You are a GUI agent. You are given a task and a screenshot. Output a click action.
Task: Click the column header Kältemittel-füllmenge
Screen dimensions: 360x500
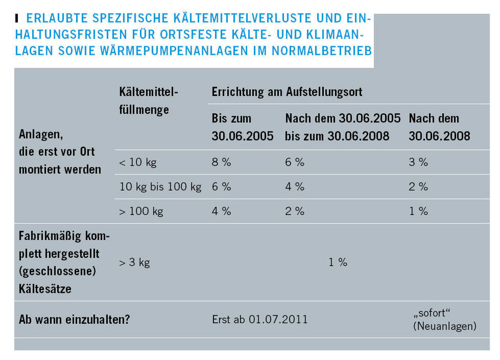149,100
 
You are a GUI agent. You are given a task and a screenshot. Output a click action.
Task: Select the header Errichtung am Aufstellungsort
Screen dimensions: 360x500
287,91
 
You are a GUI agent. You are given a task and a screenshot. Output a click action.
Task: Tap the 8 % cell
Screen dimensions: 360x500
221,162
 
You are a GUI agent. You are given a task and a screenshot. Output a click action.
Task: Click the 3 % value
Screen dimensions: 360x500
418,162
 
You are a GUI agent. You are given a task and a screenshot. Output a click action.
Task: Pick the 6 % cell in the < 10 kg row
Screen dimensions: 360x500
294,162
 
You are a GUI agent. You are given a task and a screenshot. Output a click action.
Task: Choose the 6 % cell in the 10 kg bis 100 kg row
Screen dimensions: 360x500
221,187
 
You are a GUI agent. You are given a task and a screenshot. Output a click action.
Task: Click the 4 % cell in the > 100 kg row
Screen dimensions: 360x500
221,211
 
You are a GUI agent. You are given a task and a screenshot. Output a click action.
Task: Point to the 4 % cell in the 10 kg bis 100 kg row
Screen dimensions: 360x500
294,187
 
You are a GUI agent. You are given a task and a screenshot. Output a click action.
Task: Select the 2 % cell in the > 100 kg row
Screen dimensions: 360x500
294,211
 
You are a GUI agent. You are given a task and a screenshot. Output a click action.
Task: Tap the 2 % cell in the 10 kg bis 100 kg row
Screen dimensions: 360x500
418,187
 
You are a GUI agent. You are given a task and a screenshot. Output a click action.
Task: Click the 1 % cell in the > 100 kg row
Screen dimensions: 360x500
418,211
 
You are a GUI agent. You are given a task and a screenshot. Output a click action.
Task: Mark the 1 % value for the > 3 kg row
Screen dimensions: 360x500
338,262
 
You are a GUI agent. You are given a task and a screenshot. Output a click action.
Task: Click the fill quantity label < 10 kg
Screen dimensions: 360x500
137,162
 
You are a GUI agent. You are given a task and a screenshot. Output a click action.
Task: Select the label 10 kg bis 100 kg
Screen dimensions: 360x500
160,187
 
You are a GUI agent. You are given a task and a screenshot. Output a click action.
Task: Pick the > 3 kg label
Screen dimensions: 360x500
134,262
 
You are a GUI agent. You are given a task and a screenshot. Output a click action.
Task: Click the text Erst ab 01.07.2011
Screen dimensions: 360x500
259,319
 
